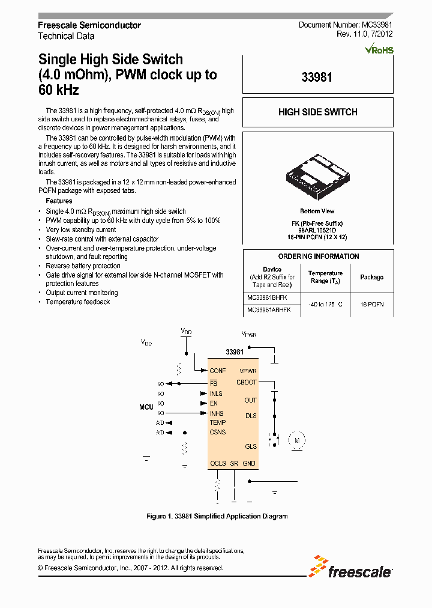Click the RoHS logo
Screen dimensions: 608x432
379,49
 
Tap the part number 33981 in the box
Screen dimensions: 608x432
317,78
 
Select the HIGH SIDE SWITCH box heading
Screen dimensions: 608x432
317,112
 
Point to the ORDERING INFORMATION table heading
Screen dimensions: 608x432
319,257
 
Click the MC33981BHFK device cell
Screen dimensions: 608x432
268,297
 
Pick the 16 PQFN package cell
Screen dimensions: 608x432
371,305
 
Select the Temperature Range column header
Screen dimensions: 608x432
325,277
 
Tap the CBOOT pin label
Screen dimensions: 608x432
246,382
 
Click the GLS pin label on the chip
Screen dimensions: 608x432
250,446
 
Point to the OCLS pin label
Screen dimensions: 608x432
218,463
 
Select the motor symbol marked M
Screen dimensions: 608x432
296,440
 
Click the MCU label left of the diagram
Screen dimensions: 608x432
146,407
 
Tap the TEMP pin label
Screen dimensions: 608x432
217,422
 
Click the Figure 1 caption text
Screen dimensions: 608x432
217,516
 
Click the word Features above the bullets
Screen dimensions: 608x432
59,201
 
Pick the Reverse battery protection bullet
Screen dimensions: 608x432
83,266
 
